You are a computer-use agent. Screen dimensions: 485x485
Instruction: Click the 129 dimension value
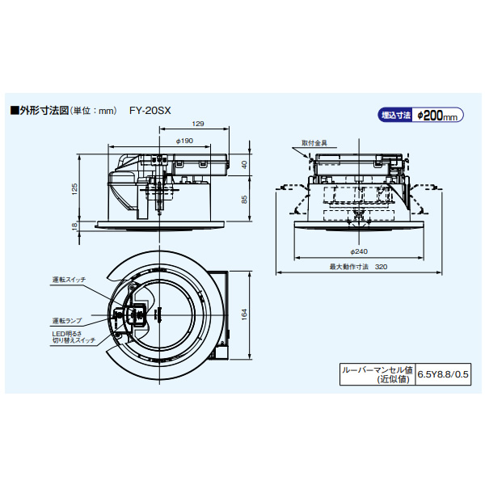[x=198, y=124]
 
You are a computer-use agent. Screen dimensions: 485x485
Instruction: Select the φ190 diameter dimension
[x=184, y=141]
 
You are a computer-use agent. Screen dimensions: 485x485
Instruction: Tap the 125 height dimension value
[x=74, y=188]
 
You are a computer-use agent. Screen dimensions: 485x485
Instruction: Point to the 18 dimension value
[x=74, y=226]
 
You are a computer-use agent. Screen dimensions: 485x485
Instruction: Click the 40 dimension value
[x=244, y=165]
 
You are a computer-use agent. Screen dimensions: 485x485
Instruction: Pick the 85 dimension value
[x=244, y=199]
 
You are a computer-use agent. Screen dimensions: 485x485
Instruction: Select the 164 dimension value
[x=244, y=314]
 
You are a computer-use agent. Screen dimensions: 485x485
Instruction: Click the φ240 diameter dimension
[x=359, y=251]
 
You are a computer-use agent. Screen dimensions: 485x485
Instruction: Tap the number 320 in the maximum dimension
[x=381, y=267]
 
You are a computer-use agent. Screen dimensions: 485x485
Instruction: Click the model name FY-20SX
[x=150, y=111]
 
